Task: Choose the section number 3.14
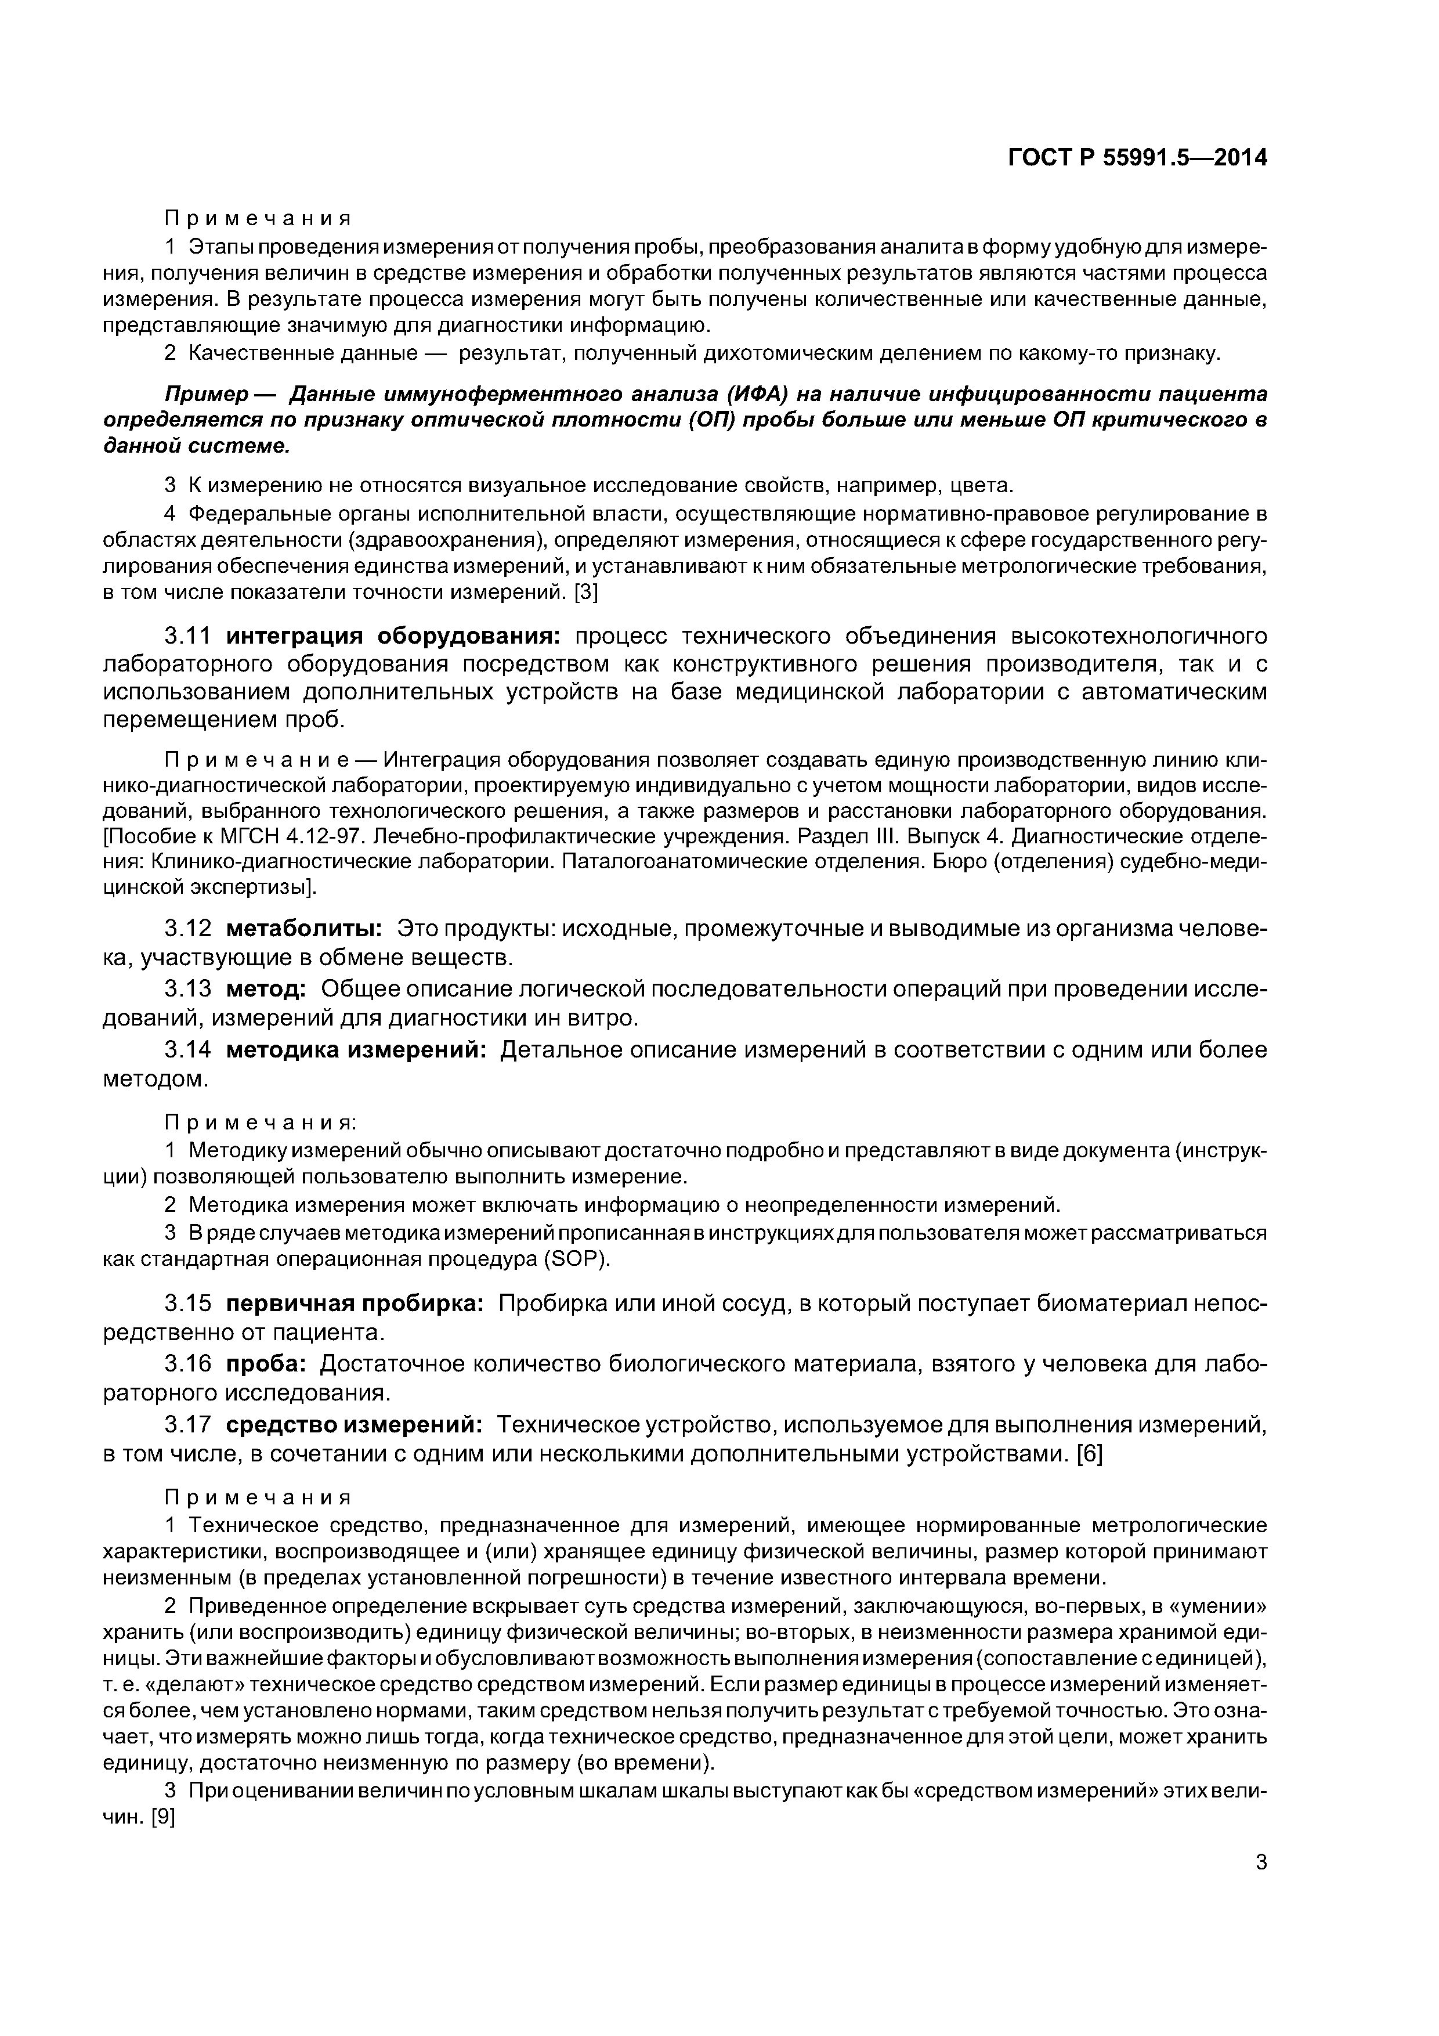(x=188, y=1050)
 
